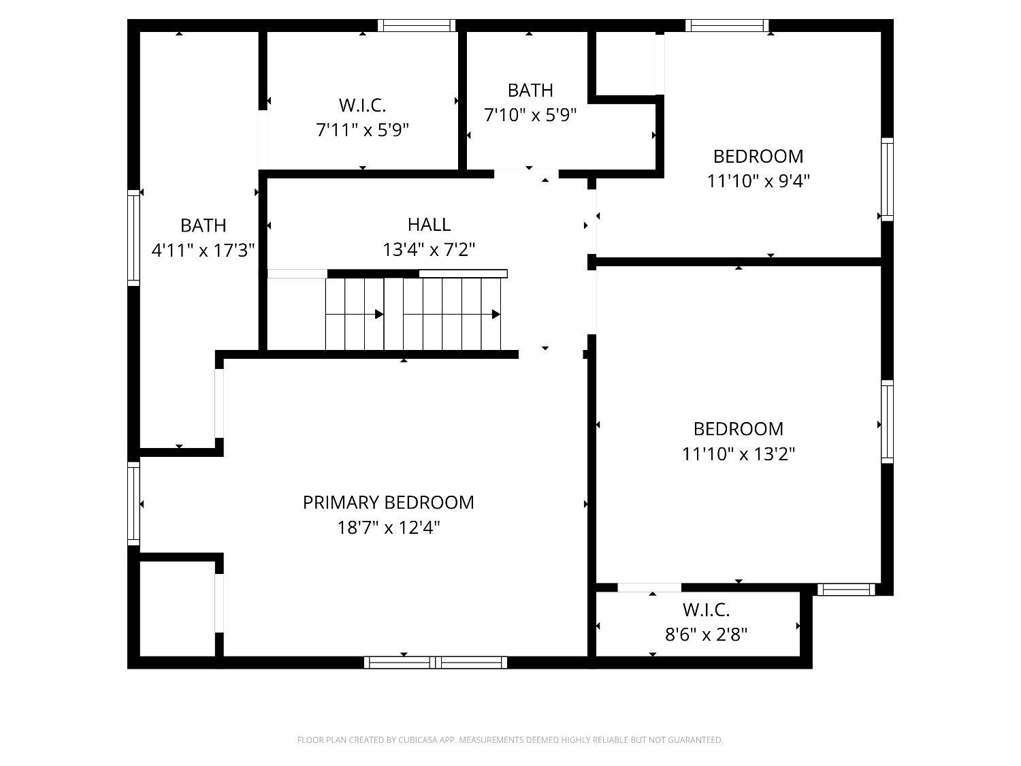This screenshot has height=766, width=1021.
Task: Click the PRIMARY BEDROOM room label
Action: coord(388,502)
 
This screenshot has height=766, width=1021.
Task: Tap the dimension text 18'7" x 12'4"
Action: coord(388,528)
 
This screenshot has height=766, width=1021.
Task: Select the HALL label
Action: coord(429,224)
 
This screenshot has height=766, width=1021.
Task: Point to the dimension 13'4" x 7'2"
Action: coord(429,250)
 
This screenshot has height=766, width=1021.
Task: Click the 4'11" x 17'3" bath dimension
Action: coord(203,251)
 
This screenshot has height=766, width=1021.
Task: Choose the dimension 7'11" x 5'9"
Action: coord(362,130)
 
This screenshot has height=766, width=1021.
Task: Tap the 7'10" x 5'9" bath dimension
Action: coord(530,115)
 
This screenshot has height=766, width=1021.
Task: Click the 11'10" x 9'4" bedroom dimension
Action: coord(758,181)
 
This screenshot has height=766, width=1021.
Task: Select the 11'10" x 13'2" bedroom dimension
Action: coord(739,453)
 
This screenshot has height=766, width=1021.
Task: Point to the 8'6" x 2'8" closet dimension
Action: coord(706,635)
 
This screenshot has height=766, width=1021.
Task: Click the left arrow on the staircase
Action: coord(378,314)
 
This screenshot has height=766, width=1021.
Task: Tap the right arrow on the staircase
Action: coord(496,314)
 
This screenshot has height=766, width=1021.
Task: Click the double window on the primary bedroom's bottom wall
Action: coord(435,662)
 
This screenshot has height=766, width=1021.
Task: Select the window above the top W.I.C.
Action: coord(416,26)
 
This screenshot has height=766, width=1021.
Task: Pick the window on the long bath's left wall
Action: coord(133,236)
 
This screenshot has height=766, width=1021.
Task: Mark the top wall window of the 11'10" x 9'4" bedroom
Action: coord(727,26)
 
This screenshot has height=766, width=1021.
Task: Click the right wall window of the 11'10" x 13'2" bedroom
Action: coord(887,422)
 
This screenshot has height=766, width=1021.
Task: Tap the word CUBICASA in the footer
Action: coord(417,740)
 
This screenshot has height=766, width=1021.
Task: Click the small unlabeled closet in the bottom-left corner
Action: coord(177,607)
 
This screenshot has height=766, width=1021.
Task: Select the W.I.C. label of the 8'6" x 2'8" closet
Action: coord(706,609)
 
